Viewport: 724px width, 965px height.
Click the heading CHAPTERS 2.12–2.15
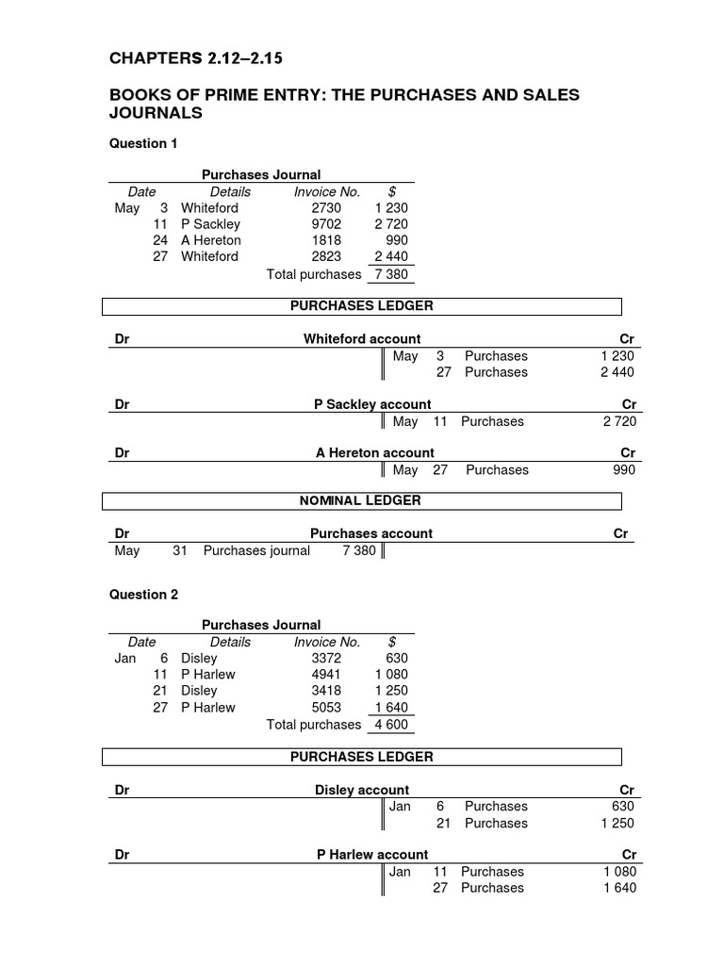tap(196, 59)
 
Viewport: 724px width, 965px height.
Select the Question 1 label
tap(143, 143)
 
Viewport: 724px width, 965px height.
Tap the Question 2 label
tap(143, 595)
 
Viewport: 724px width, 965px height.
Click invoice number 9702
tap(325, 224)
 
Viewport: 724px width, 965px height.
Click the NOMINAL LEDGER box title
tap(360, 500)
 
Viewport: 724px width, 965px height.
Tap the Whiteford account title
tap(362, 339)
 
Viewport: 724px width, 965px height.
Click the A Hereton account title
tap(374, 453)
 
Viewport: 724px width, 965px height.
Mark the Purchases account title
tap(370, 533)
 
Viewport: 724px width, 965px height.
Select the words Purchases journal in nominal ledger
tap(256, 550)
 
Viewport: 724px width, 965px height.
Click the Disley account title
tap(362, 790)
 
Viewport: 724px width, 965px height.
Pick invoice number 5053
tap(325, 708)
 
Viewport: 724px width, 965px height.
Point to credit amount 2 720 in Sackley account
tap(618, 421)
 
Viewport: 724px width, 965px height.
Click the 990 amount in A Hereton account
tap(623, 470)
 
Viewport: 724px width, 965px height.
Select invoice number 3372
tap(325, 658)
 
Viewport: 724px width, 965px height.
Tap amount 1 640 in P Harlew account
tap(618, 888)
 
